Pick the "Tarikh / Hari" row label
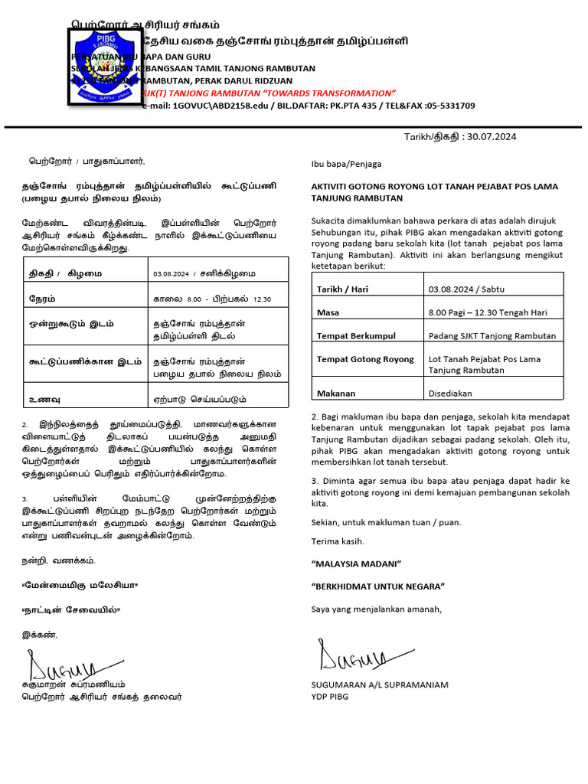click(342, 289)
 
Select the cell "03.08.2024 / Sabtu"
click(466, 289)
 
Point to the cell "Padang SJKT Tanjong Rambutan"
click(492, 335)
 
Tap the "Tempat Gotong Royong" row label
click(365, 358)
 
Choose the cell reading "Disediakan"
click(450, 393)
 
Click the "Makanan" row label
click(336, 393)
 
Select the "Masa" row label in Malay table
click(328, 312)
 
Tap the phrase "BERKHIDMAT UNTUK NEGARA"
click(378, 586)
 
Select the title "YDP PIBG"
click(329, 696)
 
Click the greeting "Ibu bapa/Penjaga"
click(346, 164)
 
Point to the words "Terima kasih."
click(338, 541)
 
